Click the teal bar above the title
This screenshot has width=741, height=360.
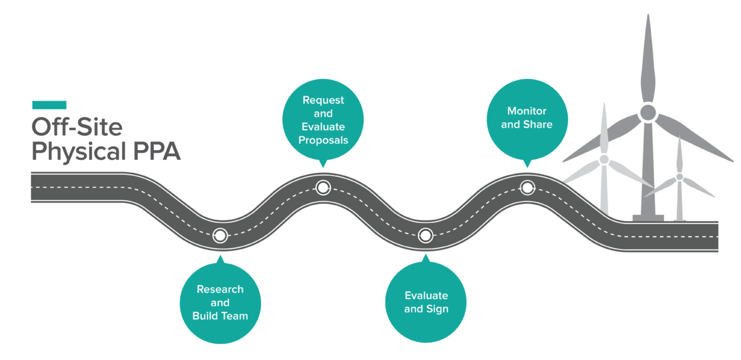(x=49, y=106)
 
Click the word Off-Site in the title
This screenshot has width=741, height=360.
(x=77, y=128)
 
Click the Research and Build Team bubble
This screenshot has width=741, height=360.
(x=220, y=302)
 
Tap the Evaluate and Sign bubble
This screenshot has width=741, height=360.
(x=426, y=302)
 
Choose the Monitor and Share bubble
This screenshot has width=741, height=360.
(x=527, y=117)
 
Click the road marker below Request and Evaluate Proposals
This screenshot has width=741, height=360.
(x=323, y=187)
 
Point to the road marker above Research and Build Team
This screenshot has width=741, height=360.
(x=220, y=235)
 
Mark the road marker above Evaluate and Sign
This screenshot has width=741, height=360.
(x=425, y=235)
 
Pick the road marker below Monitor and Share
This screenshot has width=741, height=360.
(x=527, y=187)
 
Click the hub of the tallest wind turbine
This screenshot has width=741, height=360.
(x=647, y=112)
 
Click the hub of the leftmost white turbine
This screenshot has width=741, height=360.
(x=604, y=160)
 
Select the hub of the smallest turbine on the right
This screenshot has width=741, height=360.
(x=679, y=177)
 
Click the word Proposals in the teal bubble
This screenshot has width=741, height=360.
(x=323, y=140)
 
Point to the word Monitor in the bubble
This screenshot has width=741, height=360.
(x=527, y=111)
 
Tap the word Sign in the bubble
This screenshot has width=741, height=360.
(x=437, y=309)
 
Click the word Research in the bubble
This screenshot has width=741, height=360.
(x=220, y=289)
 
